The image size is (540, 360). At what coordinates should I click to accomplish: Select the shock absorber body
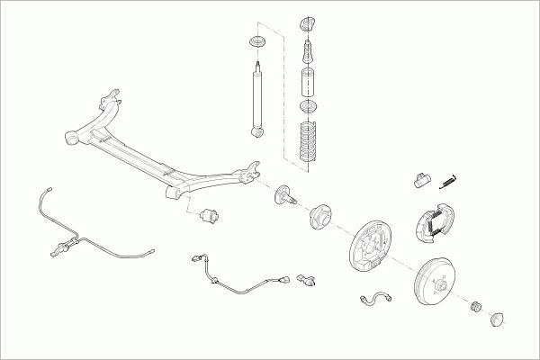point(258,99)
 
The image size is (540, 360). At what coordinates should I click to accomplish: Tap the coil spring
point(309,141)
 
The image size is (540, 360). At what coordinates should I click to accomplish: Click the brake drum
point(441,283)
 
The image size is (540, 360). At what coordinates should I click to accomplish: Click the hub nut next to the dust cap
point(478,309)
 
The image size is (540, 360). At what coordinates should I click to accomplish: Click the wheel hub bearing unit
point(321,219)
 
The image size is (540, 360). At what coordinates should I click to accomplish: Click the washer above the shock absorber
point(256,42)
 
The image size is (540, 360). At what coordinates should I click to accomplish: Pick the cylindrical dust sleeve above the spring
point(307,83)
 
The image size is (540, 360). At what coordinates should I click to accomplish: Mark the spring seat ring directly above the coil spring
point(308,110)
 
